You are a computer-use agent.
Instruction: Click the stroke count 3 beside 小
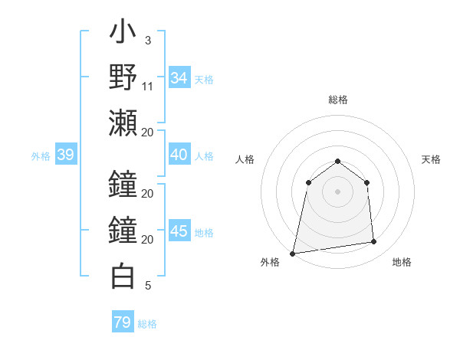[x=148, y=41]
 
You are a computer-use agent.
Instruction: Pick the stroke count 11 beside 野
[x=148, y=86]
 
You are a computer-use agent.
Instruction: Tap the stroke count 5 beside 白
[x=148, y=286]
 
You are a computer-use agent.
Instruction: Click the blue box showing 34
[x=179, y=78]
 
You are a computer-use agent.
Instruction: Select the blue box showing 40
[x=179, y=155]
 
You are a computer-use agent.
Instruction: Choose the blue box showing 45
[x=179, y=231]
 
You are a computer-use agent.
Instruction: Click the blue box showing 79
[x=123, y=322]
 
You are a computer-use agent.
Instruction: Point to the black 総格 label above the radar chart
[x=338, y=100]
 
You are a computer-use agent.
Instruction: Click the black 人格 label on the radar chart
[x=245, y=159]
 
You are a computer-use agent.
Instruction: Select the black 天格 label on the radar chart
[x=431, y=159]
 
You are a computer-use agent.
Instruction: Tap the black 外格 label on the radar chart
[x=270, y=263]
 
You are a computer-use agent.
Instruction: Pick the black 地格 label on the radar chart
[x=402, y=263]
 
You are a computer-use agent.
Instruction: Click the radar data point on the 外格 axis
[x=293, y=253]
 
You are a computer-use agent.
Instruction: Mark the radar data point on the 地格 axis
[x=374, y=242]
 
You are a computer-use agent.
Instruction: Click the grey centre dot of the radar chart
[x=337, y=191]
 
